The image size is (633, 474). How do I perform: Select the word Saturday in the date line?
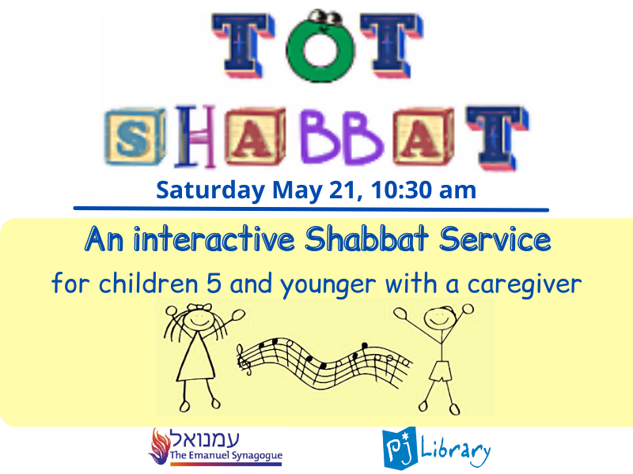point(210,190)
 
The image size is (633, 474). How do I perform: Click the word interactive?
point(214,240)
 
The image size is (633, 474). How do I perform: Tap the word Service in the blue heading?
point(495,239)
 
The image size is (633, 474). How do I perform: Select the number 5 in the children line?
point(214,284)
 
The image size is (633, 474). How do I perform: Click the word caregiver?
point(525,285)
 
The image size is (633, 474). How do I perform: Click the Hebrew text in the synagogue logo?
point(205,438)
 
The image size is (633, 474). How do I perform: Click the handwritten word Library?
point(456,450)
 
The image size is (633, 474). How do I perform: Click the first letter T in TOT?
point(243,45)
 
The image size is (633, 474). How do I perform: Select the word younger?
point(328,285)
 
